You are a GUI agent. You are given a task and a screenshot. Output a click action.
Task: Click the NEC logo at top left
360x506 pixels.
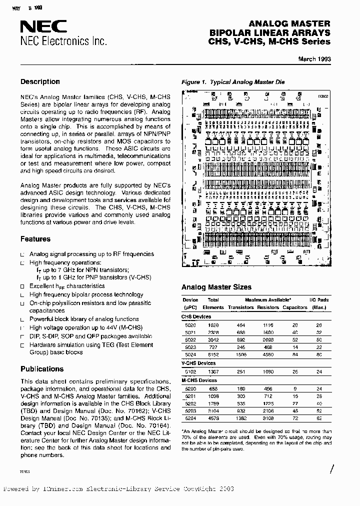pyautogui.click(x=38, y=27)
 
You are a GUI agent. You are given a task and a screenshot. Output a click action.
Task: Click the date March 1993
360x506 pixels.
pyautogui.click(x=314, y=59)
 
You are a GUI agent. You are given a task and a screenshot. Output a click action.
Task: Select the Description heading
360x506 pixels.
pyautogui.click(x=40, y=81)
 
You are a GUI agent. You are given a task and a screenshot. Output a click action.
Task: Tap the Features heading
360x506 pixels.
pyautogui.click(x=35, y=239)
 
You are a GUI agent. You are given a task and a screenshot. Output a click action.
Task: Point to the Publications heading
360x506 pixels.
pyautogui.click(x=42, y=369)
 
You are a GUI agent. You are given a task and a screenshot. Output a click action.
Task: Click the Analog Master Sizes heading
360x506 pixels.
pyautogui.click(x=216, y=287)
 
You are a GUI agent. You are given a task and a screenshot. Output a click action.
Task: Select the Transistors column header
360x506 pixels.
pyautogui.click(x=241, y=307)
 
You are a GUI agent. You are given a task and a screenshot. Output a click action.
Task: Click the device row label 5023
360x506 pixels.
pyautogui.click(x=190, y=346)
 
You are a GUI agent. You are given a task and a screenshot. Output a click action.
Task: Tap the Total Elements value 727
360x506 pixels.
pyautogui.click(x=212, y=346)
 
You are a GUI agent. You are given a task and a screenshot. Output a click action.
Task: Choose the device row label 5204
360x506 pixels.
pyautogui.click(x=190, y=417)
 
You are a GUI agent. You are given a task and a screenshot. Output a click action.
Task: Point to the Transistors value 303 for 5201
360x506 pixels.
pyautogui.click(x=241, y=395)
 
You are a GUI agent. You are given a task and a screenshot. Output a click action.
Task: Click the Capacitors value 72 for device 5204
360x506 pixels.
pyautogui.click(x=295, y=417)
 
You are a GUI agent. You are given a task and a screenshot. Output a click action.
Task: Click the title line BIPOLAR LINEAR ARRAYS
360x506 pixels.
pyautogui.click(x=270, y=32)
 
